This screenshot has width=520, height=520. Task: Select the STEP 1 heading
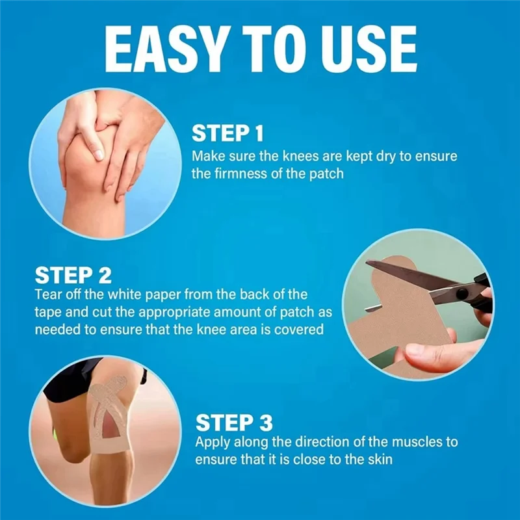227,135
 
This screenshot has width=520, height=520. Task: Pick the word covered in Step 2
300,330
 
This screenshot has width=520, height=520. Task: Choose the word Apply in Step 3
212,443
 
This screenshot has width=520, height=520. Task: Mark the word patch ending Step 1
331,174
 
